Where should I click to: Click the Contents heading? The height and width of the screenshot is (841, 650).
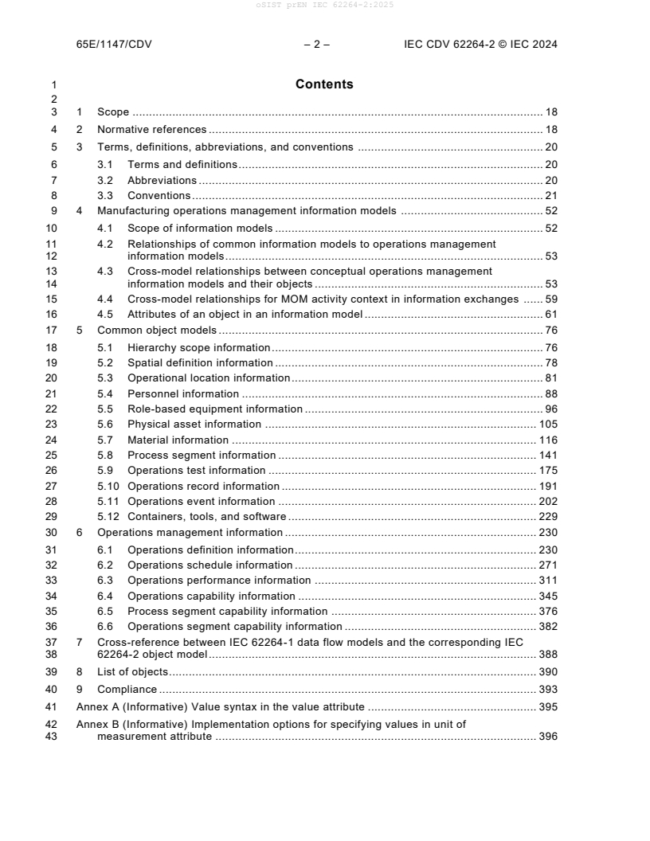[324, 84]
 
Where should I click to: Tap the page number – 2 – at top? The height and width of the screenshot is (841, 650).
[317, 45]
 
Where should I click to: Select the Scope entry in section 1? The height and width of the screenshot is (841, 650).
[113, 113]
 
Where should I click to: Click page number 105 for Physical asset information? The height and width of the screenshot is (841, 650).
[548, 424]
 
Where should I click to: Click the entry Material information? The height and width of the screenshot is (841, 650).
[178, 440]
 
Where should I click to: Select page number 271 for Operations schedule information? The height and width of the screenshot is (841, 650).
[548, 565]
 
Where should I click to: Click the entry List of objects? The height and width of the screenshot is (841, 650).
[132, 672]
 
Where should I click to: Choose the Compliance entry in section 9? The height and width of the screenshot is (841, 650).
[127, 689]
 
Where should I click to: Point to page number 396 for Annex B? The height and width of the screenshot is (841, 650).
[548, 737]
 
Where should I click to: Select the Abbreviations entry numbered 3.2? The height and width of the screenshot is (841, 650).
[162, 180]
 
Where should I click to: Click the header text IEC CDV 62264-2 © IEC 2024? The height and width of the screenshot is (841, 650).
[480, 45]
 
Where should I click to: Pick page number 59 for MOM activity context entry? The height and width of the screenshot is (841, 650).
[550, 299]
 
